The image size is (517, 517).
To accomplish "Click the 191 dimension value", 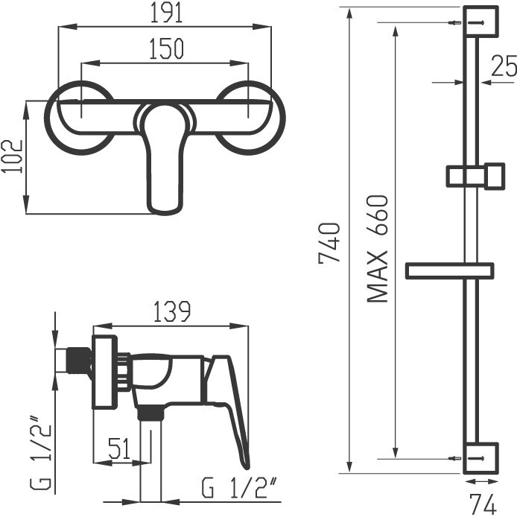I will tap(165, 14).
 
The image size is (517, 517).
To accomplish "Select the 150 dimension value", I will tap(165, 49).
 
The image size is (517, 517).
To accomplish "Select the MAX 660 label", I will tap(378, 248).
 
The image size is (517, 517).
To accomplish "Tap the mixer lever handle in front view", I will tap(165, 160).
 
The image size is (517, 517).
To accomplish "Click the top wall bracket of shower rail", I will tap(480, 22).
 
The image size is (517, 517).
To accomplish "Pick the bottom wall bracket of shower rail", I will tap(480, 457).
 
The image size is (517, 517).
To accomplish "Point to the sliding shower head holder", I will tap(475, 177).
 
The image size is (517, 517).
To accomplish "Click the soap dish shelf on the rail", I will tap(449, 270).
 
